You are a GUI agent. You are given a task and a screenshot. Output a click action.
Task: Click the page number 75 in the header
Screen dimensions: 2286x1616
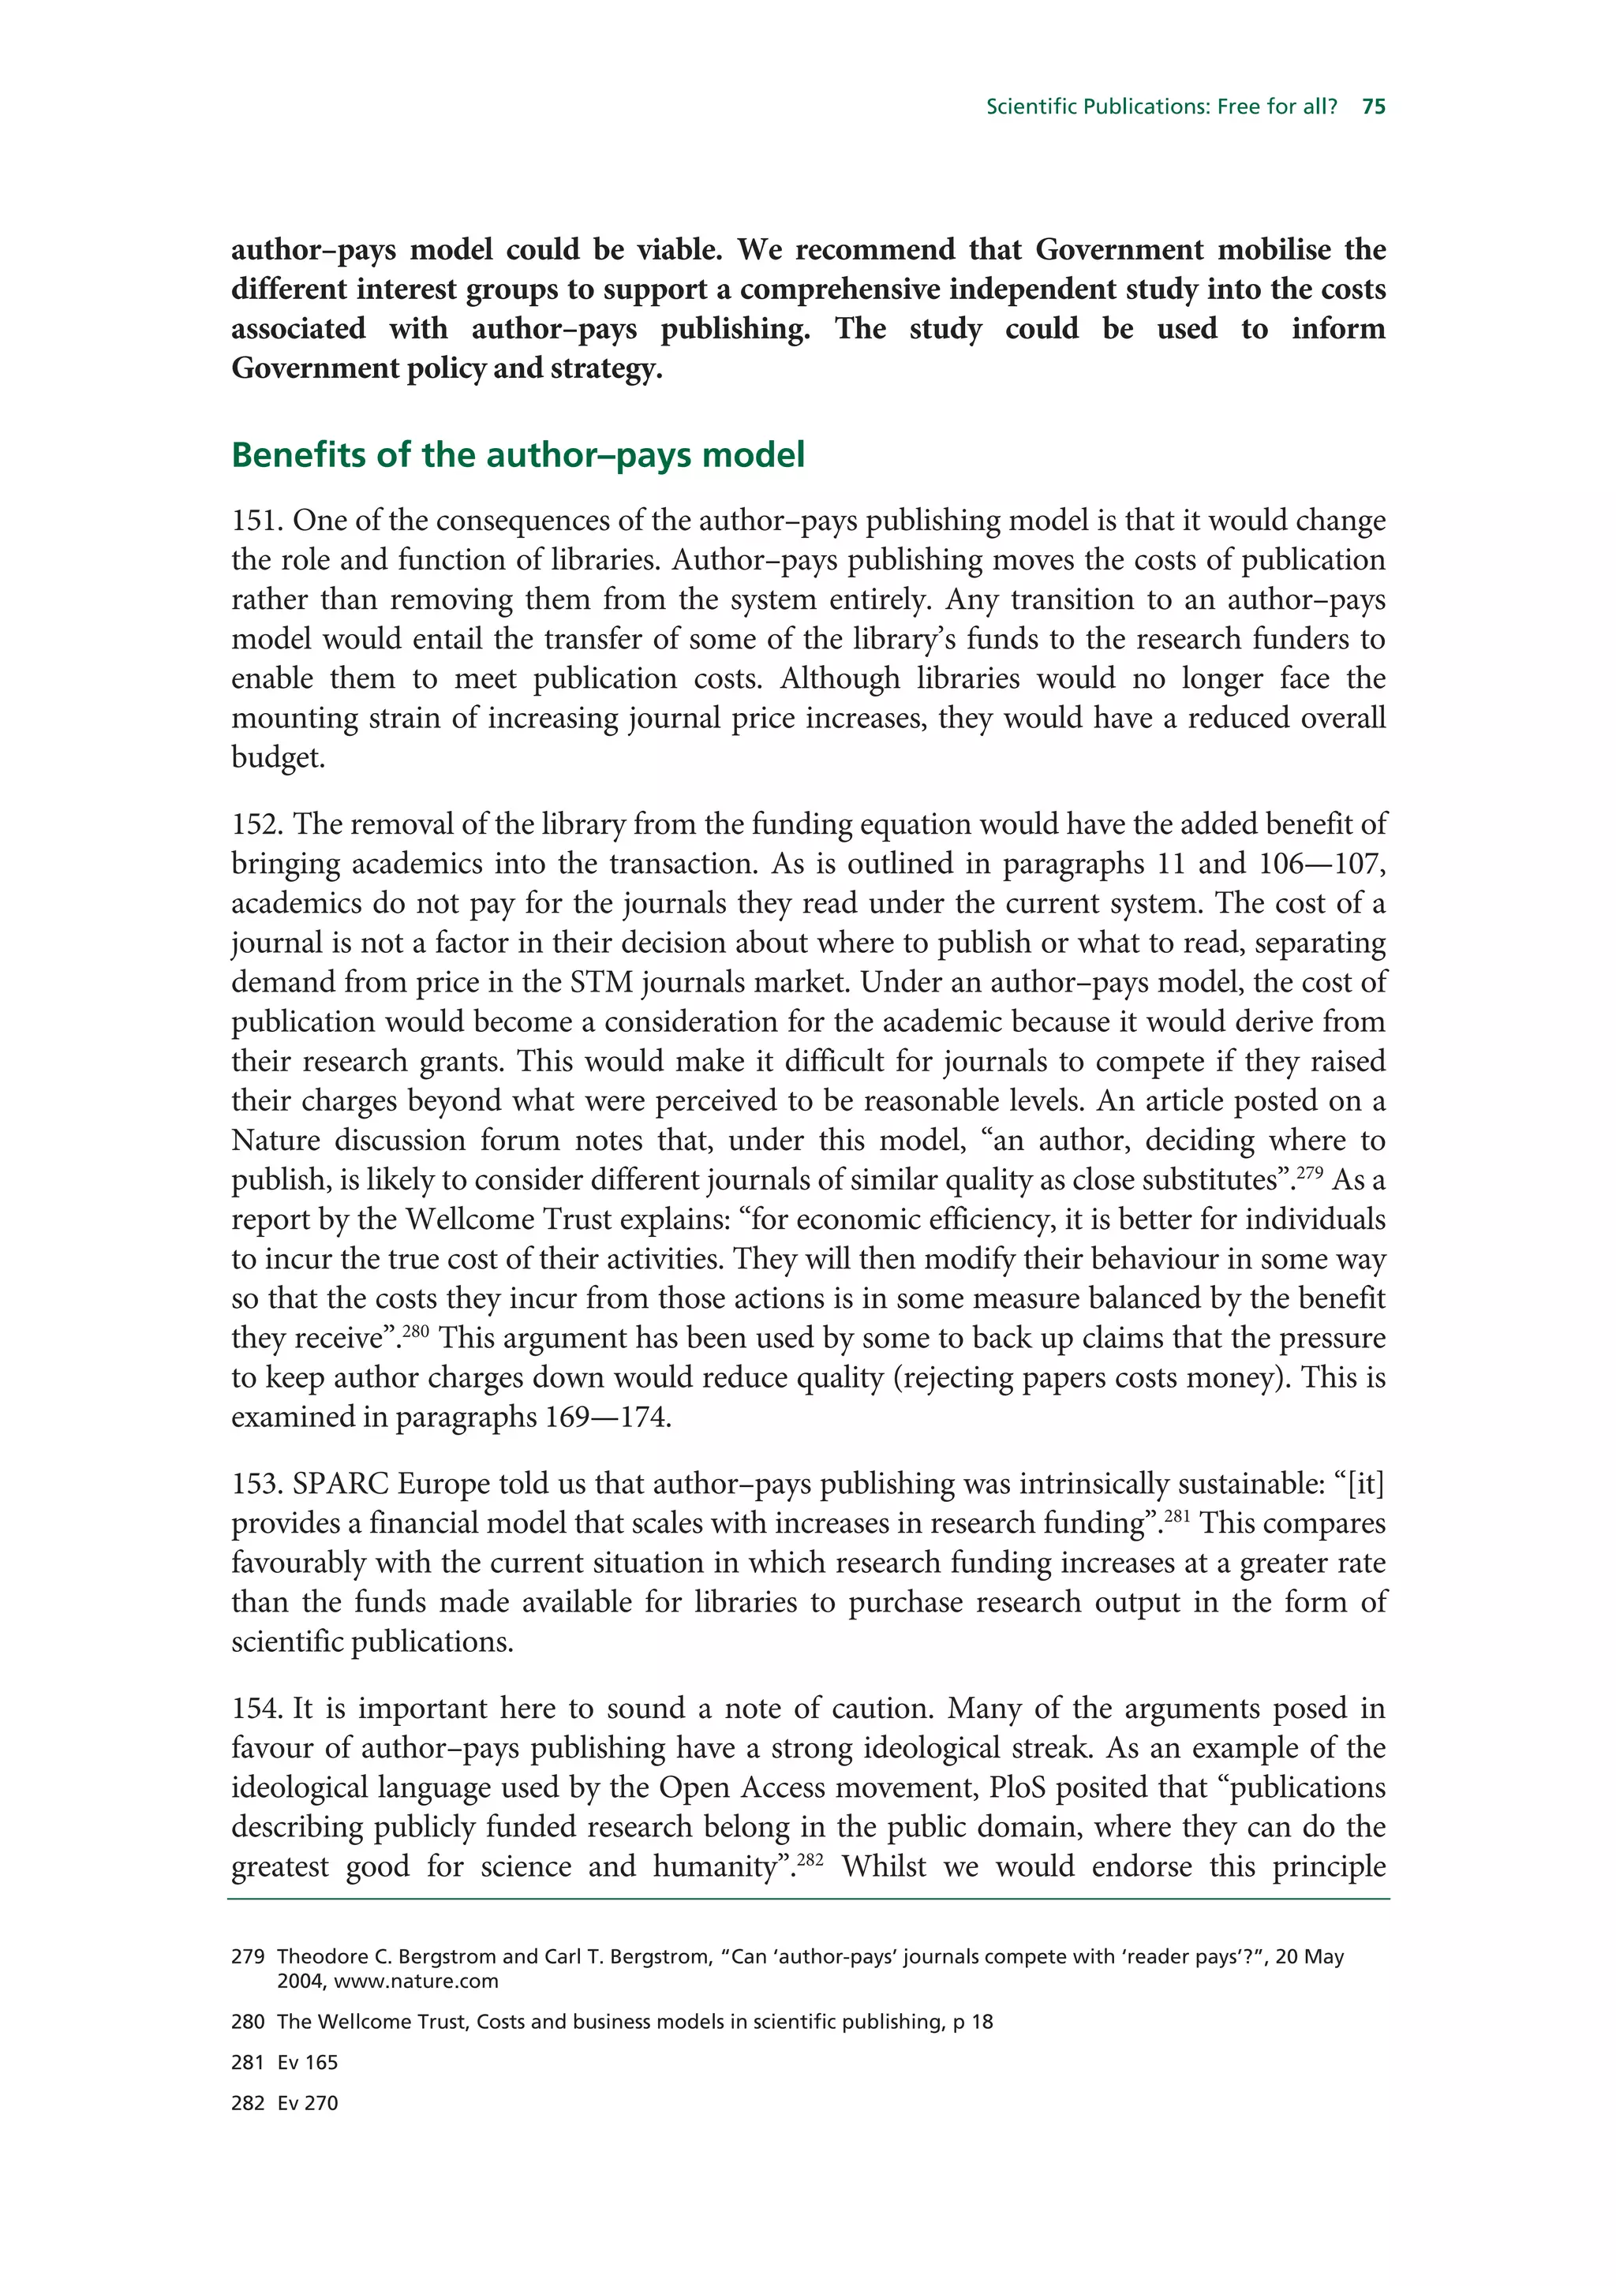pyautogui.click(x=1373, y=106)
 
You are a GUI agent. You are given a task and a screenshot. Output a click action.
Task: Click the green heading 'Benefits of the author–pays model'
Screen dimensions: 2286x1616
pyautogui.click(x=518, y=455)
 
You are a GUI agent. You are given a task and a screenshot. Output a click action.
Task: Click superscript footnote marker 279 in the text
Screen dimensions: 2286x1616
pyautogui.click(x=1308, y=1172)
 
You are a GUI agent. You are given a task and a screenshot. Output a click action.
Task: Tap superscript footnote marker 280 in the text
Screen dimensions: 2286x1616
pyautogui.click(x=415, y=1330)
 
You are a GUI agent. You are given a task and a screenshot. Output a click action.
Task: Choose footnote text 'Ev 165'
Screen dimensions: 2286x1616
pyautogui.click(x=308, y=2062)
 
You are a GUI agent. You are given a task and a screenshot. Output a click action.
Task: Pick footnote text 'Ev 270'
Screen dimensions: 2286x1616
pyautogui.click(x=308, y=2103)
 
